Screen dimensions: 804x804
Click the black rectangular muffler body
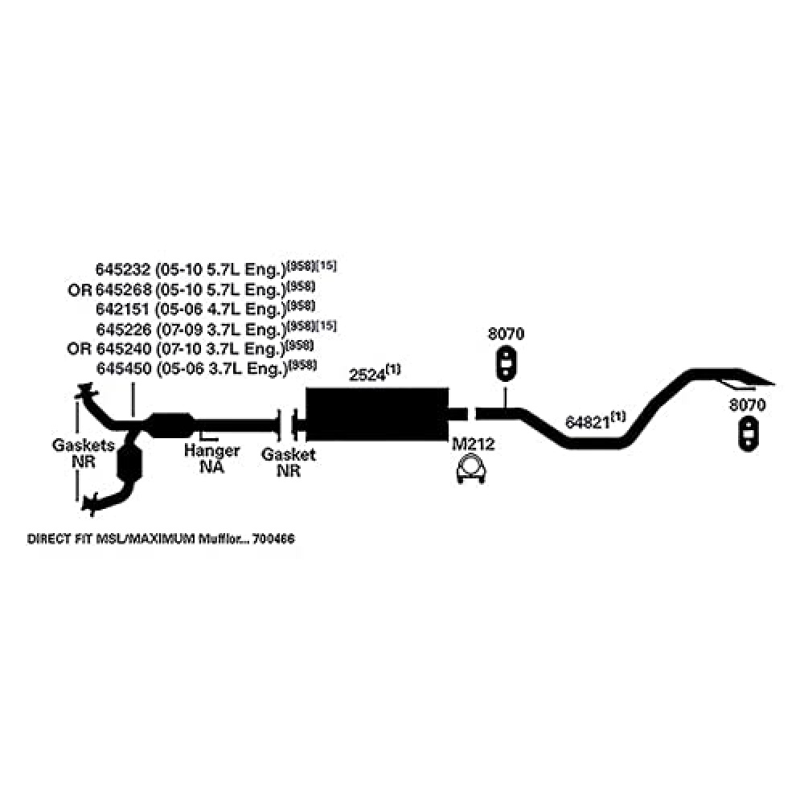coord(376,413)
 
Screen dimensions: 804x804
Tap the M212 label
coord(472,444)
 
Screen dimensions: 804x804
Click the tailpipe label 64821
coord(586,422)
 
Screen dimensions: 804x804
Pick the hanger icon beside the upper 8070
coord(506,364)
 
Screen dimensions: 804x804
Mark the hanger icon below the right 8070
coord(749,432)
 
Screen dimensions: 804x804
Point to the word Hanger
coord(211,451)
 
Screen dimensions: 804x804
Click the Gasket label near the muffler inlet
coord(289,455)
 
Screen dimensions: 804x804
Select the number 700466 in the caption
coord(273,539)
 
